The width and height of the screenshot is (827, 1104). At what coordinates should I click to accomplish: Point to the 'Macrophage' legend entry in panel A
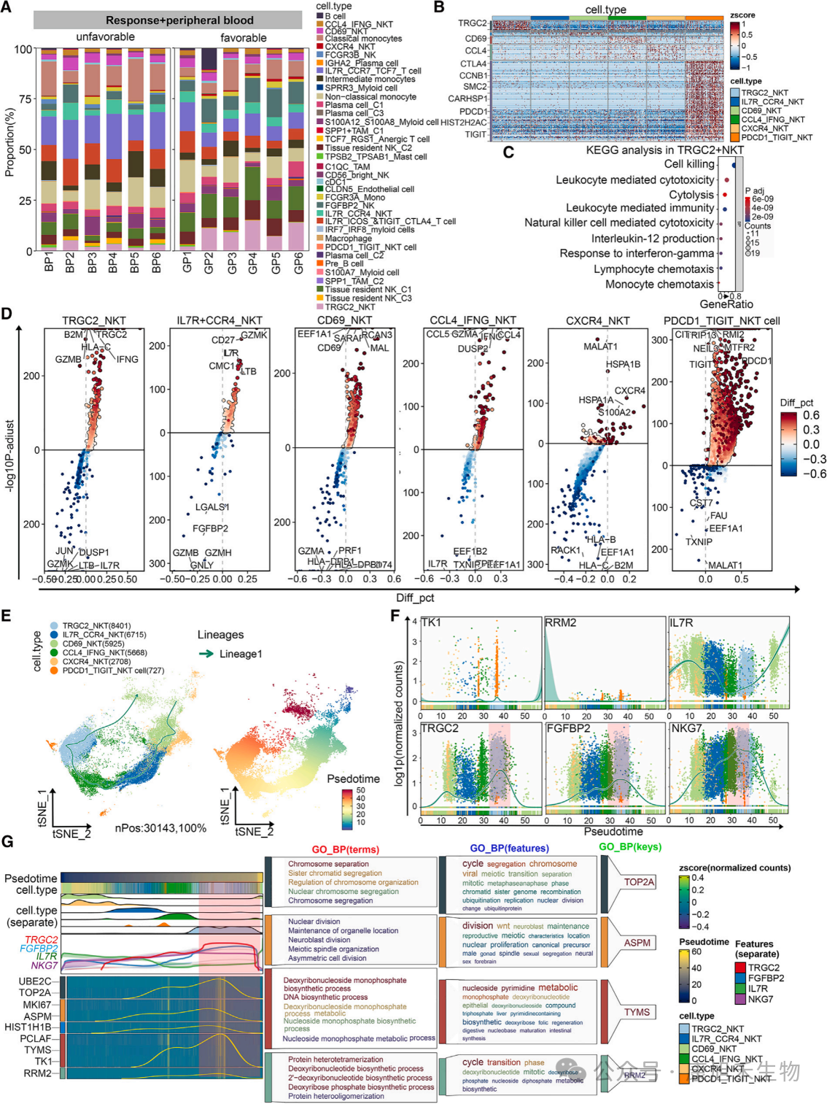348,239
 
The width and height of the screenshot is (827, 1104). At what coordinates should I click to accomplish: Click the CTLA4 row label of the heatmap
473,64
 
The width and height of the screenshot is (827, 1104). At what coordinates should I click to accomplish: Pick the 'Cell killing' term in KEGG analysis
689,164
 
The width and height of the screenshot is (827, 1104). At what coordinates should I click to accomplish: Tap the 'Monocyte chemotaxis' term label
659,285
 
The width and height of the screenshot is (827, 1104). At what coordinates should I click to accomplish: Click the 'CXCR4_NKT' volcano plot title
597,320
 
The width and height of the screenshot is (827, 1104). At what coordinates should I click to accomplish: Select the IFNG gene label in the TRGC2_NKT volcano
127,359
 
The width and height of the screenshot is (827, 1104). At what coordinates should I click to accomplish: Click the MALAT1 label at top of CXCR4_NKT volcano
599,347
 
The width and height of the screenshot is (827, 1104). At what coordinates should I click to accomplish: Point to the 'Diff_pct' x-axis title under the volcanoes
415,598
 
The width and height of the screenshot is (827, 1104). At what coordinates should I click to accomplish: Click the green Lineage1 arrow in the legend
207,654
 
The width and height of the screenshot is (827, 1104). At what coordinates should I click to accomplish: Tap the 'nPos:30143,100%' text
160,828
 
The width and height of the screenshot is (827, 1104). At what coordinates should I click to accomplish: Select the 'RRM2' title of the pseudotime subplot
561,622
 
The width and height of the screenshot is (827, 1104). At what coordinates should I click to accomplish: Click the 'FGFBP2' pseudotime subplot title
568,728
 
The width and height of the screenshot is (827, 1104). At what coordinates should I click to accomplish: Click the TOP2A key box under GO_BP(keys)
639,882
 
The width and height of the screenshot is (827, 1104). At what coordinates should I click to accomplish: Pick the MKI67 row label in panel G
36,1005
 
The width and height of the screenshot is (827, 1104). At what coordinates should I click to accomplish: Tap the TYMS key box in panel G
637,1012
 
